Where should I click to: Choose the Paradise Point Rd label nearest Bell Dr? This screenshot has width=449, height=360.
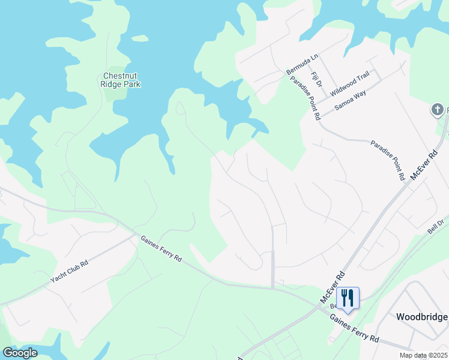tap(387, 161)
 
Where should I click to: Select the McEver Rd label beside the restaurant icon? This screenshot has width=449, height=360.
tap(333, 287)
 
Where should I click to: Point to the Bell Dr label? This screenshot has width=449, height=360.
tap(435, 227)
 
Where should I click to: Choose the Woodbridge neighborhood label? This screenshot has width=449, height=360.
tap(422, 317)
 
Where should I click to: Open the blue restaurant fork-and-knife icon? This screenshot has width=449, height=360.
tap(348, 296)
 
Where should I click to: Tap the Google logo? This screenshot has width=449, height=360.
tap(20, 353)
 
